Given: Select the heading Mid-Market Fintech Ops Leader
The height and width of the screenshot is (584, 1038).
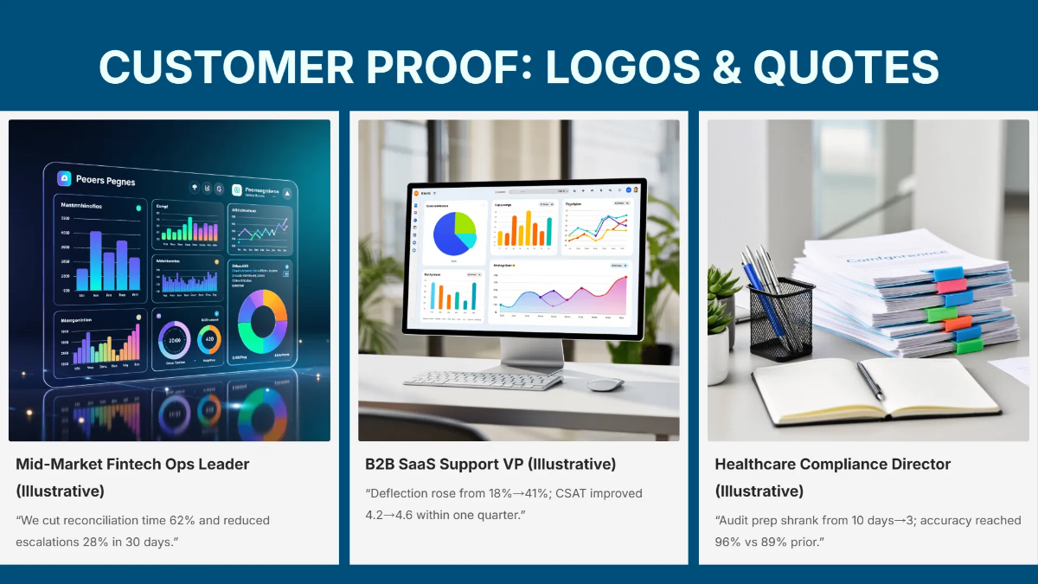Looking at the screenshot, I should click(132, 465).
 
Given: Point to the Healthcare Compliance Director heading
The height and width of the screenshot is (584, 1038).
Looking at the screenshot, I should click(832, 465).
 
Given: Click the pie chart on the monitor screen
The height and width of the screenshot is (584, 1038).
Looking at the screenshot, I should click(454, 232).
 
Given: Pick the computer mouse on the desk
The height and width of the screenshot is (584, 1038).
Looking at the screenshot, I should click(605, 384).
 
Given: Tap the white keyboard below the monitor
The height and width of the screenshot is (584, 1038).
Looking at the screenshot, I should click(484, 380).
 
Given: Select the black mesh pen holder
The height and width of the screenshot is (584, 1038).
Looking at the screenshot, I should click(781, 317).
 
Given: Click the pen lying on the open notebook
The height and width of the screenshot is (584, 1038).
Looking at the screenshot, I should click(871, 381).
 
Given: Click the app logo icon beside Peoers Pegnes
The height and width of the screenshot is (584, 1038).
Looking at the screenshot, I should click(64, 179).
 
